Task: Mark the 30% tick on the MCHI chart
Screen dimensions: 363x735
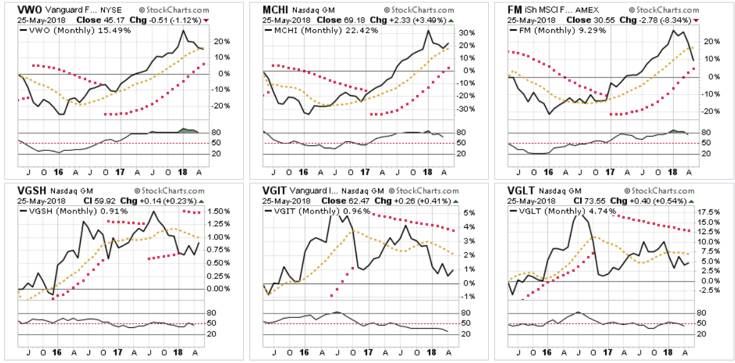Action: pyautogui.click(x=467, y=33)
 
